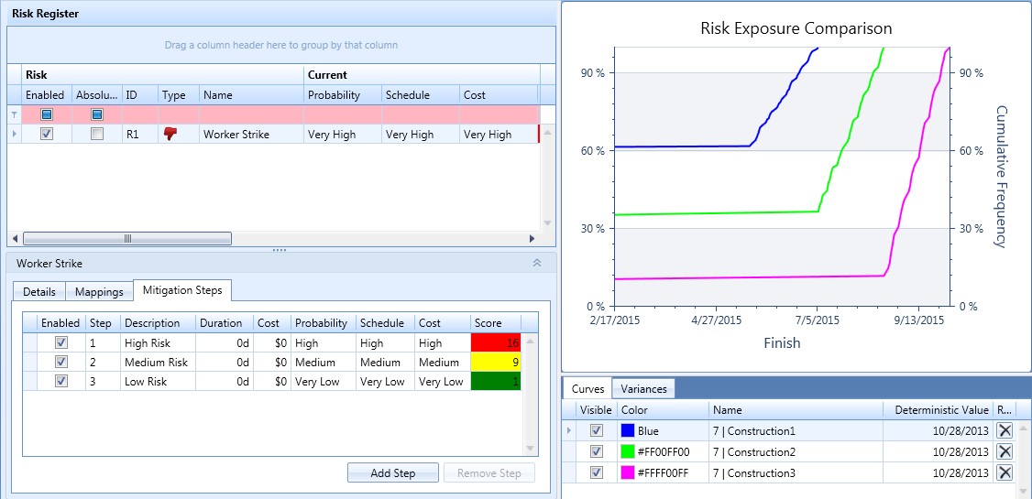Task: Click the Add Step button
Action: [392, 473]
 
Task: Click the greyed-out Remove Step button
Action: [489, 473]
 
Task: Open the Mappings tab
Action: [99, 292]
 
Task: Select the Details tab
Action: [39, 292]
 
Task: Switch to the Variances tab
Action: [644, 389]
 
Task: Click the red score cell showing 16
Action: [495, 343]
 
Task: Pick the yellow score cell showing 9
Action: [495, 363]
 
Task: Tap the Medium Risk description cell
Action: [156, 363]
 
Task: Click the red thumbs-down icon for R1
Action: [170, 134]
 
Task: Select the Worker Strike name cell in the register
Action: [236, 135]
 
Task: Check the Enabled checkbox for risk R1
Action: [47, 134]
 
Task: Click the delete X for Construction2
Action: [1005, 451]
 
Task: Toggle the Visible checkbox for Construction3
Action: [597, 472]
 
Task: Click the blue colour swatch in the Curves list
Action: [629, 430]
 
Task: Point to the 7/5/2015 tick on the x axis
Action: [816, 321]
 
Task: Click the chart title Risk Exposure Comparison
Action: [796, 28]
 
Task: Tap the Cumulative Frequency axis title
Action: [1000, 176]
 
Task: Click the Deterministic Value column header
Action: [937, 410]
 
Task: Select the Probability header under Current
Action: [334, 95]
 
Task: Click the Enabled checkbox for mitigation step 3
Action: [61, 382]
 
